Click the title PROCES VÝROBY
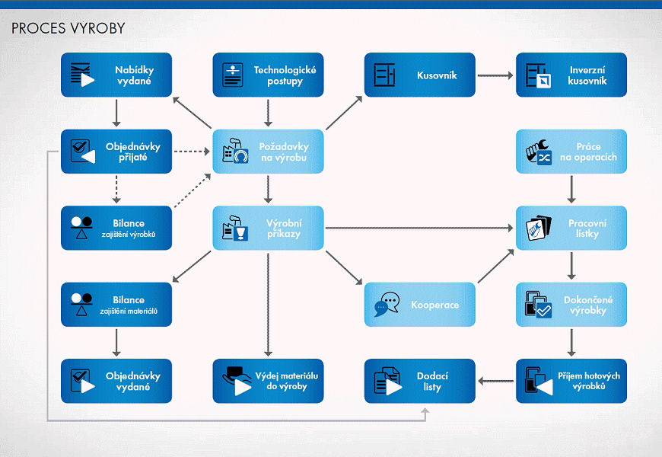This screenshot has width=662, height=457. [68, 29]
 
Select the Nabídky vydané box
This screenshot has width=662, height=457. [116, 75]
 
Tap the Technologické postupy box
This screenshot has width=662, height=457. [268, 75]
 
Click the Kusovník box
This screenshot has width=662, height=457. [419, 75]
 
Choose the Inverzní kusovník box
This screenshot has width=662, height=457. [571, 75]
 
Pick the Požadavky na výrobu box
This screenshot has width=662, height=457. [268, 152]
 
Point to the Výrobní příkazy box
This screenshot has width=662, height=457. [268, 228]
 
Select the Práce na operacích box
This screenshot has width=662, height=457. [571, 152]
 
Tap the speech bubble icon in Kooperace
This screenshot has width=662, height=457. [386, 305]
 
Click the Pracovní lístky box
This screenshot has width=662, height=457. [571, 228]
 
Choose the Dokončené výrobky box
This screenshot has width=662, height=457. [571, 305]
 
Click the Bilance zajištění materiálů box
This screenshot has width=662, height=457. [116, 305]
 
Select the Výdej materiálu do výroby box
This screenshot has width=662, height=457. [268, 381]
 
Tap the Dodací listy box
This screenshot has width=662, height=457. [419, 381]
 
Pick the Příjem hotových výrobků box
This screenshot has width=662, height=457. [571, 381]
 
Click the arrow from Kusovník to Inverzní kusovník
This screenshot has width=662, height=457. [495, 75]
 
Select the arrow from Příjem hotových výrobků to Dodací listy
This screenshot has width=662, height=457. [495, 381]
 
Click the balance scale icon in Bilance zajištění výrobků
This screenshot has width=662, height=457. [81, 228]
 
